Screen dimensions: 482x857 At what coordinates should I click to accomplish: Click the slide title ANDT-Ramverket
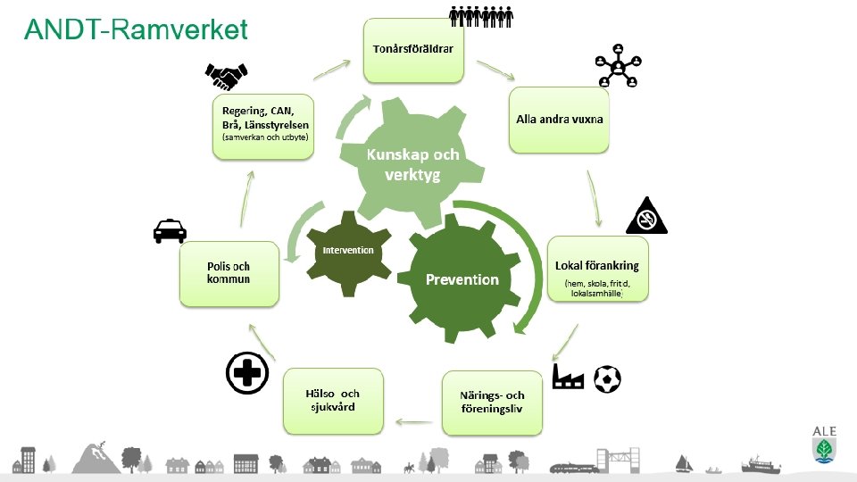136,29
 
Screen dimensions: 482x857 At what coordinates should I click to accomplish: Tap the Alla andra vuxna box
560,119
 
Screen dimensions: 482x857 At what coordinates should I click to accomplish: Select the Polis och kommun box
229,273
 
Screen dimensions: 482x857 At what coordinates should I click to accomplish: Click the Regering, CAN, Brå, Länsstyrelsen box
263,126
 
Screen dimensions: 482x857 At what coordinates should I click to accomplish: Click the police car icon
170,231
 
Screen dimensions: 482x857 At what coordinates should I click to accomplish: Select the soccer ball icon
607,378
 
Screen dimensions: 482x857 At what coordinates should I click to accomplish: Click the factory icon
567,378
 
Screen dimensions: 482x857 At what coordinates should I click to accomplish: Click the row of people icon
480,16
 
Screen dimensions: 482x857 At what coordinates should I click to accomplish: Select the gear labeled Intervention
348,250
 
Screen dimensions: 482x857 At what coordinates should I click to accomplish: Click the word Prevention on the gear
462,279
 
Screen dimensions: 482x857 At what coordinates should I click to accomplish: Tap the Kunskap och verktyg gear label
412,164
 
